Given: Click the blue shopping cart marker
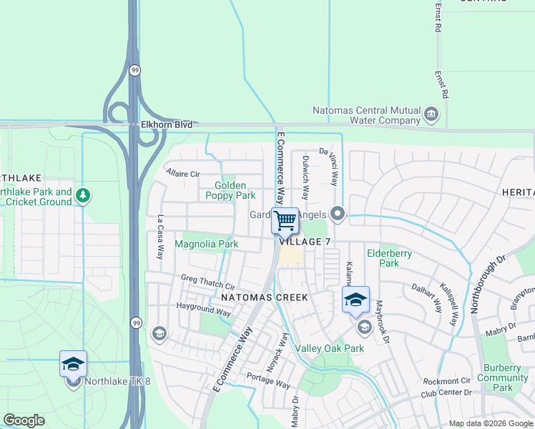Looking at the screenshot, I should tap(285, 220).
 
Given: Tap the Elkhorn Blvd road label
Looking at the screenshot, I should tap(162, 124).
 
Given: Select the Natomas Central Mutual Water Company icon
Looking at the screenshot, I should tap(431, 114).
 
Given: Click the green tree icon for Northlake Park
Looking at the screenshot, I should tap(84, 195).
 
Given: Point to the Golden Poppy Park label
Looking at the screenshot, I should tap(230, 190).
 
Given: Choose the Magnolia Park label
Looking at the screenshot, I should tap(207, 245).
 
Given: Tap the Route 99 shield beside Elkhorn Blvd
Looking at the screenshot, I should tap(134, 70).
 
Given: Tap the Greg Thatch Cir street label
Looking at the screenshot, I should tap(207, 282).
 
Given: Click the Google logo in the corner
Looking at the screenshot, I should tap(24, 420).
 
